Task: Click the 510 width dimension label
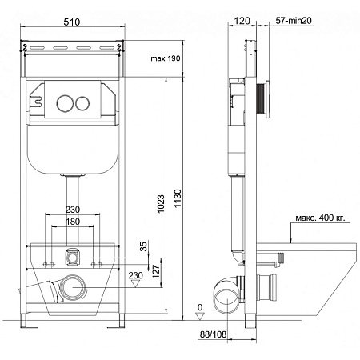point(72,22)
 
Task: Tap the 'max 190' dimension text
point(166,58)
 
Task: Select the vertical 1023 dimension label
point(161,204)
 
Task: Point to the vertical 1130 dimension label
point(178,198)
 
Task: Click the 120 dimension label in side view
point(242,21)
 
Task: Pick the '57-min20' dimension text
point(294,21)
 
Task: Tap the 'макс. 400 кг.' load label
point(320,218)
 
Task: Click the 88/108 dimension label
point(213,334)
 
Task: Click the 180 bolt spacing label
point(73,222)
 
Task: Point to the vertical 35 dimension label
point(143,246)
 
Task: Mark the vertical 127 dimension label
point(156,271)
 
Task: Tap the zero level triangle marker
point(200,317)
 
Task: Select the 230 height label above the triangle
point(136,275)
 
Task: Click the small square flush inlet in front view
point(72,258)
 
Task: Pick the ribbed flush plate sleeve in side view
point(260,98)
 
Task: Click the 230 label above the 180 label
point(73,210)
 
